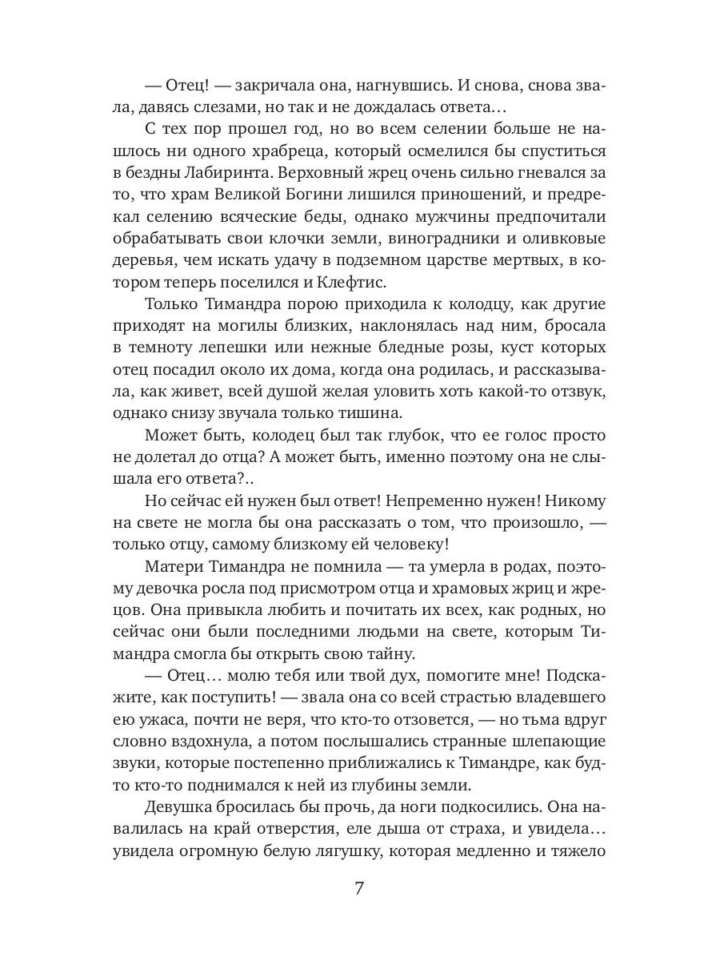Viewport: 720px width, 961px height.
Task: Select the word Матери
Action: coord(175,565)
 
